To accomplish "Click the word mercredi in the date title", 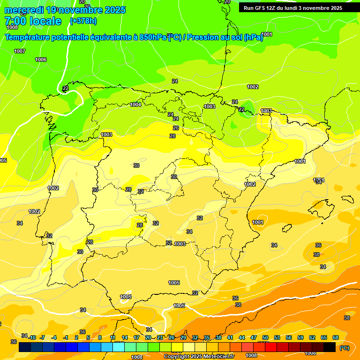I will pos(24,10).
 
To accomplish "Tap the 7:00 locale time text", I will pos(33,21).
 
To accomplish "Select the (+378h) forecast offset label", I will pos(83,21).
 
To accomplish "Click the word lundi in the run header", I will pos(292,8).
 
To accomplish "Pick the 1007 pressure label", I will pos(20,51).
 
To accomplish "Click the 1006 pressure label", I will pos(41,60).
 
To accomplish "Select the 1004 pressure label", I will pos(135,105).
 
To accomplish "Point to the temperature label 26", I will pos(176,128).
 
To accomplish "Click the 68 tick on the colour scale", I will pos(336,337).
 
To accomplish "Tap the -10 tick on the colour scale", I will pos(32,337).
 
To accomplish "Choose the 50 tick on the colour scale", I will pos(265,337).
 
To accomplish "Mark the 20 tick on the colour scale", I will pos(148,337).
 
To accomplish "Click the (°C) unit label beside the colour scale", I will pos(345,348).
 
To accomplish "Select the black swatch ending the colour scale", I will pos(330,347).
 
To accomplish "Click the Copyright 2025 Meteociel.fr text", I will pos(199,356).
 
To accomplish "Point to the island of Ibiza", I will pos(286,228).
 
